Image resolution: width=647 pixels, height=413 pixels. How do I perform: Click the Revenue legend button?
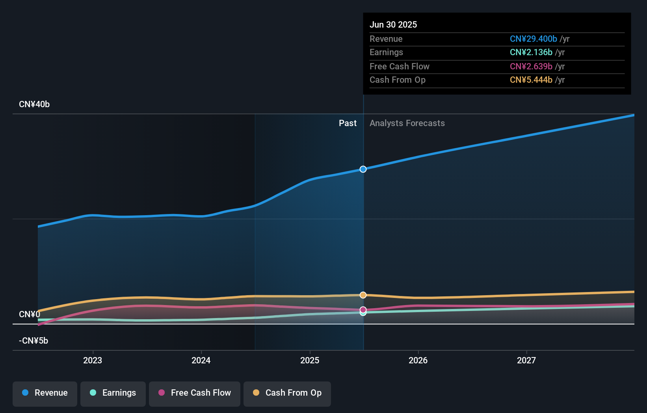(45, 393)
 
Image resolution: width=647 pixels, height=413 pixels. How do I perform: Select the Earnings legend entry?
(113, 393)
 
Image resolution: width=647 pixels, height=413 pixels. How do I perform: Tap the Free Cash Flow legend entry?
(195, 393)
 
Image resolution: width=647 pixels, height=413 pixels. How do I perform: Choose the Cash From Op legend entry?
(287, 393)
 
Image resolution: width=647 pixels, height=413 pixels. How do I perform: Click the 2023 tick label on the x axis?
(93, 360)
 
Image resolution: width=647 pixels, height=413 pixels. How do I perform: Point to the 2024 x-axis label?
(201, 360)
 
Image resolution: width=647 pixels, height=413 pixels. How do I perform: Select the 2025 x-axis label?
(310, 360)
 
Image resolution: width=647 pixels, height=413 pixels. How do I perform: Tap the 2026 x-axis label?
(418, 360)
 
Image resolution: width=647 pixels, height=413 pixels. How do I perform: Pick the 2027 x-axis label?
(526, 360)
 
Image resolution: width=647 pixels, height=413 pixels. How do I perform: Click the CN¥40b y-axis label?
(34, 104)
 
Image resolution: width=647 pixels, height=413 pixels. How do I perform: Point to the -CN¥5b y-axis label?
(33, 341)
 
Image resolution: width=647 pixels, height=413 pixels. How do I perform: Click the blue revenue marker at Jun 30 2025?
(363, 169)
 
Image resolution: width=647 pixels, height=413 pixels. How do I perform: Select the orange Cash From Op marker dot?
(363, 295)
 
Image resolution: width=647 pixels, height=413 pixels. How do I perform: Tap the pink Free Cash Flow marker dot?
(363, 310)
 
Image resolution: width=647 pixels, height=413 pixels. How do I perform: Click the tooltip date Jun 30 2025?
(393, 24)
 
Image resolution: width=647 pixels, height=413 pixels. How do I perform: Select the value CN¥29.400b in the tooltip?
(533, 39)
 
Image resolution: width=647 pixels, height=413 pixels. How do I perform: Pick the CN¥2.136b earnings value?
(531, 52)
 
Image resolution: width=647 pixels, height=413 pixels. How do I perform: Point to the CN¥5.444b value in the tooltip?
(531, 80)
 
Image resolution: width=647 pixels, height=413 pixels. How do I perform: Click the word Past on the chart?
(348, 123)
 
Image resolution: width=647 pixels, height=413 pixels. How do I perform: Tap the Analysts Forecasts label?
(407, 123)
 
